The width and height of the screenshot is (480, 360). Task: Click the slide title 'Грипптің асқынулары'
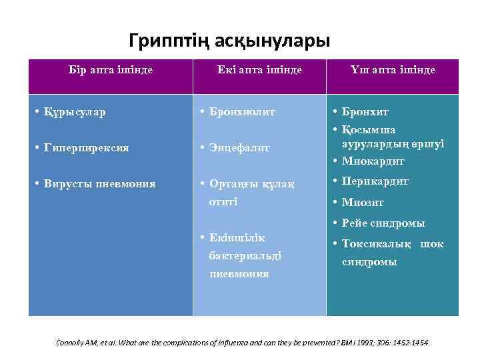tap(229, 41)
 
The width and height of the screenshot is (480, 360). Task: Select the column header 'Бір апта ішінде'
tap(111, 69)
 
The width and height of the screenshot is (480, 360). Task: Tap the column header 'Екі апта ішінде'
tap(259, 69)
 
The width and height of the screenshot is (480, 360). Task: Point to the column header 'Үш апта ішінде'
tap(393, 69)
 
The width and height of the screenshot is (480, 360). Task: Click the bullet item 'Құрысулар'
tap(74, 112)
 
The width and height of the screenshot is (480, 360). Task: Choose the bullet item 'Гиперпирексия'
tap(82, 147)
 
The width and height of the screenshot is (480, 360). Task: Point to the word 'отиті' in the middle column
tap(223, 201)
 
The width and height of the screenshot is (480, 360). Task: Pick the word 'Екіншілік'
tap(237, 238)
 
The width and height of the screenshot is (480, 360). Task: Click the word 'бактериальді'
tap(245, 255)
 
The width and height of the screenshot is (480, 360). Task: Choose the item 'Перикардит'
tap(375, 181)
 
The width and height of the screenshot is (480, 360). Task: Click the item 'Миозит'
tap(363, 202)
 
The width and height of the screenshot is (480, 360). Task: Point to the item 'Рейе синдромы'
tap(383, 223)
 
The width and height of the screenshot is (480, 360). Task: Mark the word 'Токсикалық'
tap(377, 244)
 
